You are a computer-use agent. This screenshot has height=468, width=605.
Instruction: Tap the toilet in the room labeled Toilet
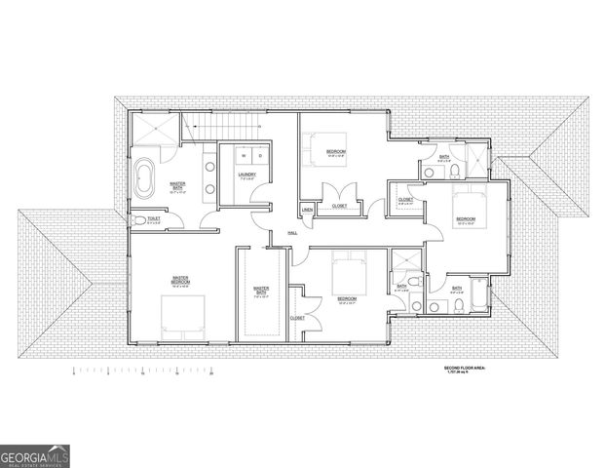[x=139, y=221]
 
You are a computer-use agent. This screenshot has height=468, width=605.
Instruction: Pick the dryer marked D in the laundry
[x=259, y=156]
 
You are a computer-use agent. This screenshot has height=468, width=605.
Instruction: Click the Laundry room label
[x=246, y=175]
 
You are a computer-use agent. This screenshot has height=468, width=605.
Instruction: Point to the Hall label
[x=291, y=233]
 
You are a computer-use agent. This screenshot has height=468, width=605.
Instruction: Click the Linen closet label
[x=306, y=210]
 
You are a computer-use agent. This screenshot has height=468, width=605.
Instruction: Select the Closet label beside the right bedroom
[x=405, y=200]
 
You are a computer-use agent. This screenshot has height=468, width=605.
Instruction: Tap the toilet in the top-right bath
[x=455, y=172]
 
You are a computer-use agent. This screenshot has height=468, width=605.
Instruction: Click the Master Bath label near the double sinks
[x=178, y=185]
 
